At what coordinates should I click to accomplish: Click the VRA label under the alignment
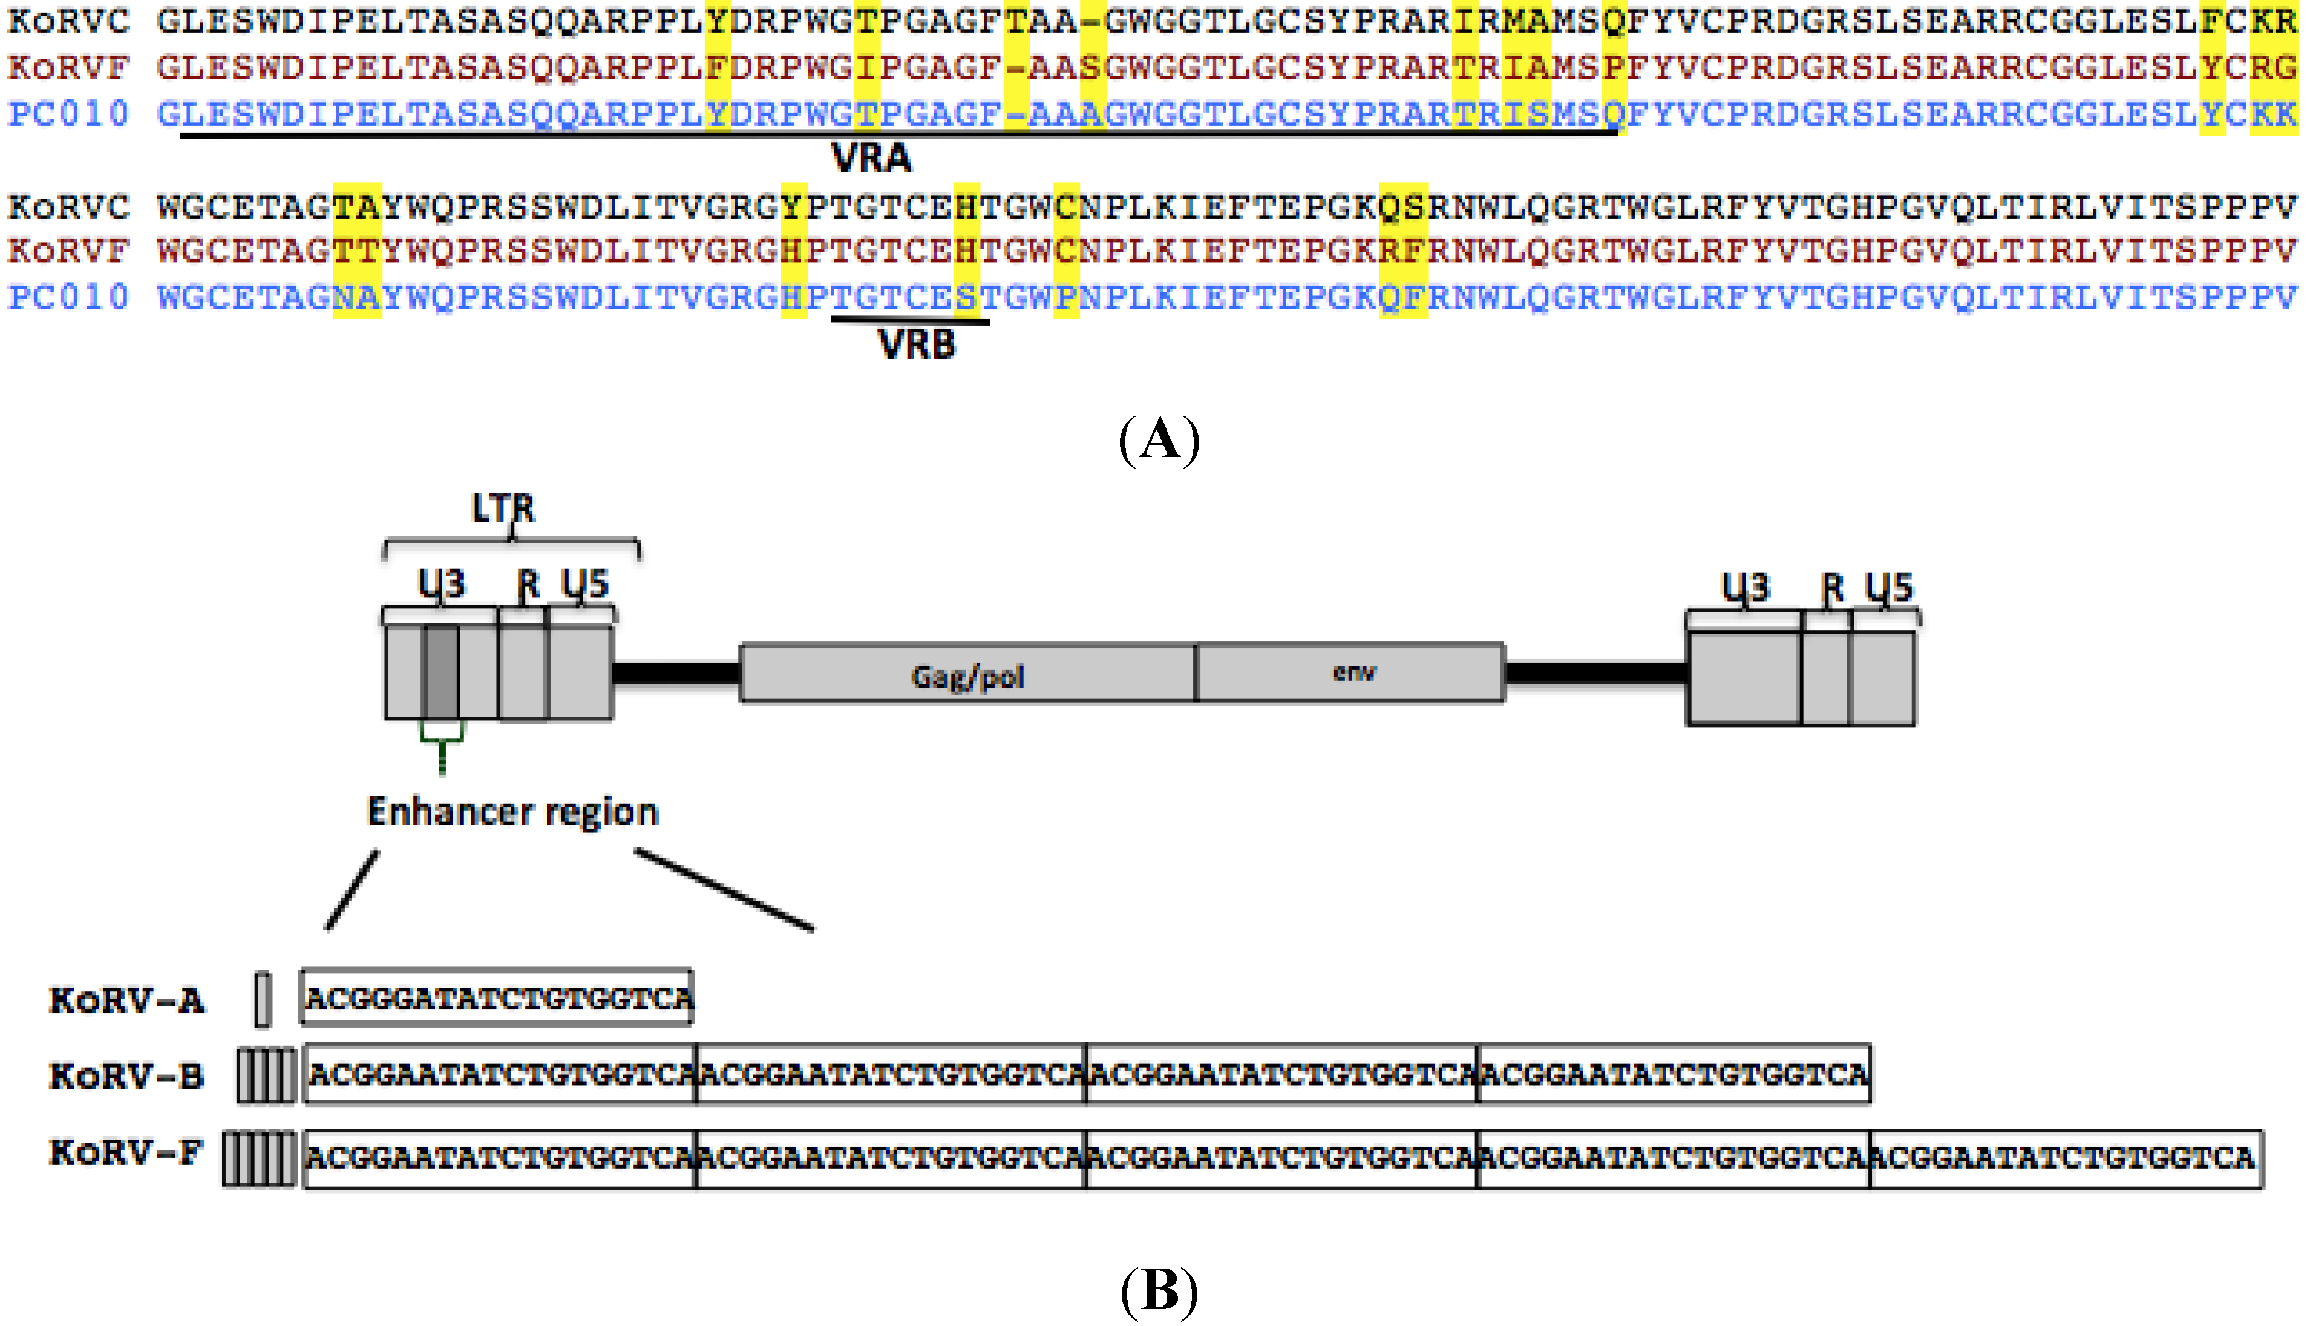[871, 159]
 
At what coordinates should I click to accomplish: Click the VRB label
[916, 345]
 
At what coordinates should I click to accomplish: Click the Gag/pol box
[968, 674]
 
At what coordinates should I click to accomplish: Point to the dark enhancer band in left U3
[442, 672]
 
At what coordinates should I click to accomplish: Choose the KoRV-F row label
[126, 1152]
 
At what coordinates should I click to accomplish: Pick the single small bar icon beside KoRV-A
[263, 999]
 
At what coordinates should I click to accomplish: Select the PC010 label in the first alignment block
[68, 114]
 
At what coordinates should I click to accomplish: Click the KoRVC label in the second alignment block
[68, 208]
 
